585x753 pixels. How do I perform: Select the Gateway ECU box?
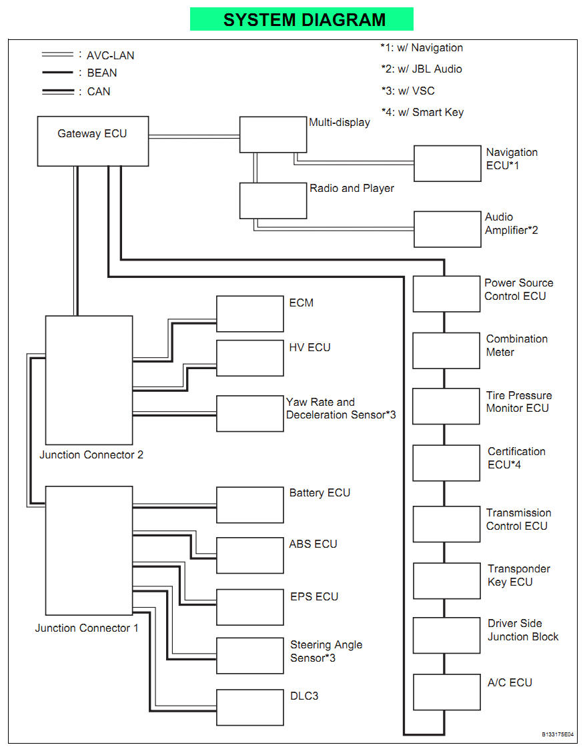[93, 141]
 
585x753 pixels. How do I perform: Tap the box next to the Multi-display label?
[273, 135]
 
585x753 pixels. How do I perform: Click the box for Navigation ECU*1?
[447, 163]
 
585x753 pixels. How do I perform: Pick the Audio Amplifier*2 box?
[447, 229]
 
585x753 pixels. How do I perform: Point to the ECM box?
[250, 314]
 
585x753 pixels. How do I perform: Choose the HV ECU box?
[250, 359]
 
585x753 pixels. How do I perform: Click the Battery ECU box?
[250, 504]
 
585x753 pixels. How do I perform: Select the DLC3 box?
[250, 707]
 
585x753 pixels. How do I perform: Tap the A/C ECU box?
[446, 692]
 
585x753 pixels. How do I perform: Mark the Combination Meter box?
[446, 351]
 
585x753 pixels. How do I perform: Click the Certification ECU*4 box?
[446, 463]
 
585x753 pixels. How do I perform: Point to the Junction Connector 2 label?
[91, 455]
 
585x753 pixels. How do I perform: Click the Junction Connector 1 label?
[87, 628]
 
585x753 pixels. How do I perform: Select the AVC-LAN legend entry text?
[111, 55]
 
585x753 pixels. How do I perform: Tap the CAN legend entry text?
[99, 91]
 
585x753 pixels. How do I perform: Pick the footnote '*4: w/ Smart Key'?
[422, 112]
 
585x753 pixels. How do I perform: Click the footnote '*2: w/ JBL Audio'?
[422, 69]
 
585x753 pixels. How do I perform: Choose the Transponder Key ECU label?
[519, 575]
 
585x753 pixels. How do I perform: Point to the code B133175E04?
[558, 734]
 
